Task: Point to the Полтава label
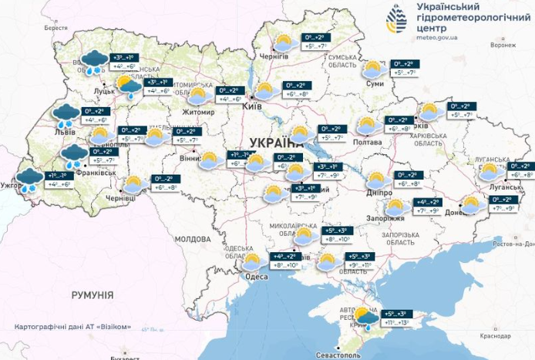pyautogui.click(x=367, y=143)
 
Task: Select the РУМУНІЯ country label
pyautogui.click(x=92, y=295)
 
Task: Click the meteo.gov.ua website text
pyautogui.click(x=437, y=35)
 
